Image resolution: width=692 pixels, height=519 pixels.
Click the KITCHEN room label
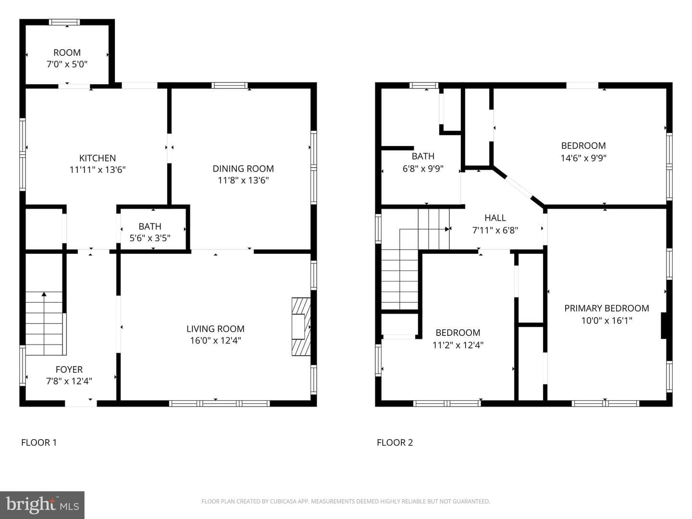click(x=98, y=158)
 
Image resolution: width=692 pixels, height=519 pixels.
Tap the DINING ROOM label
click(x=243, y=169)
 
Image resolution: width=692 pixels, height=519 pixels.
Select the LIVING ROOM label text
click(x=215, y=329)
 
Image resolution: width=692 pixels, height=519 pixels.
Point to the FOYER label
click(x=69, y=370)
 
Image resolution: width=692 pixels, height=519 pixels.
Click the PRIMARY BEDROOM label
click(x=606, y=308)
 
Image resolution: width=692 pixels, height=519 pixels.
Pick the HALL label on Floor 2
click(x=495, y=218)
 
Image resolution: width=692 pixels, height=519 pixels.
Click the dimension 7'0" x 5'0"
click(x=67, y=64)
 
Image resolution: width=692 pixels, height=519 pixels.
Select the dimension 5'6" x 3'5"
click(x=150, y=238)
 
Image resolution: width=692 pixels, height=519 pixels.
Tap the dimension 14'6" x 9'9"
click(x=583, y=158)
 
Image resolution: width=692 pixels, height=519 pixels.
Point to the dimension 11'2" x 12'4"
click(x=458, y=345)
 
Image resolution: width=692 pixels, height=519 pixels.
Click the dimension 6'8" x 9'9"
click(x=423, y=169)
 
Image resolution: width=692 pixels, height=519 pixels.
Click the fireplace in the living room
click(x=301, y=327)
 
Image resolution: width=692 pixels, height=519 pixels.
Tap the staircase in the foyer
click(x=46, y=323)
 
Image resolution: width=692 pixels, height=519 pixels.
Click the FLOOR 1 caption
click(x=39, y=443)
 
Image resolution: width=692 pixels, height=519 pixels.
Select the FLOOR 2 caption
click(x=395, y=443)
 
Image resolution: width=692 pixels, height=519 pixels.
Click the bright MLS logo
click(x=42, y=505)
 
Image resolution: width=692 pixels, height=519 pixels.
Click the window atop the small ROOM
click(x=64, y=22)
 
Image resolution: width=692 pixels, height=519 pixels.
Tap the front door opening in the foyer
click(x=81, y=404)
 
